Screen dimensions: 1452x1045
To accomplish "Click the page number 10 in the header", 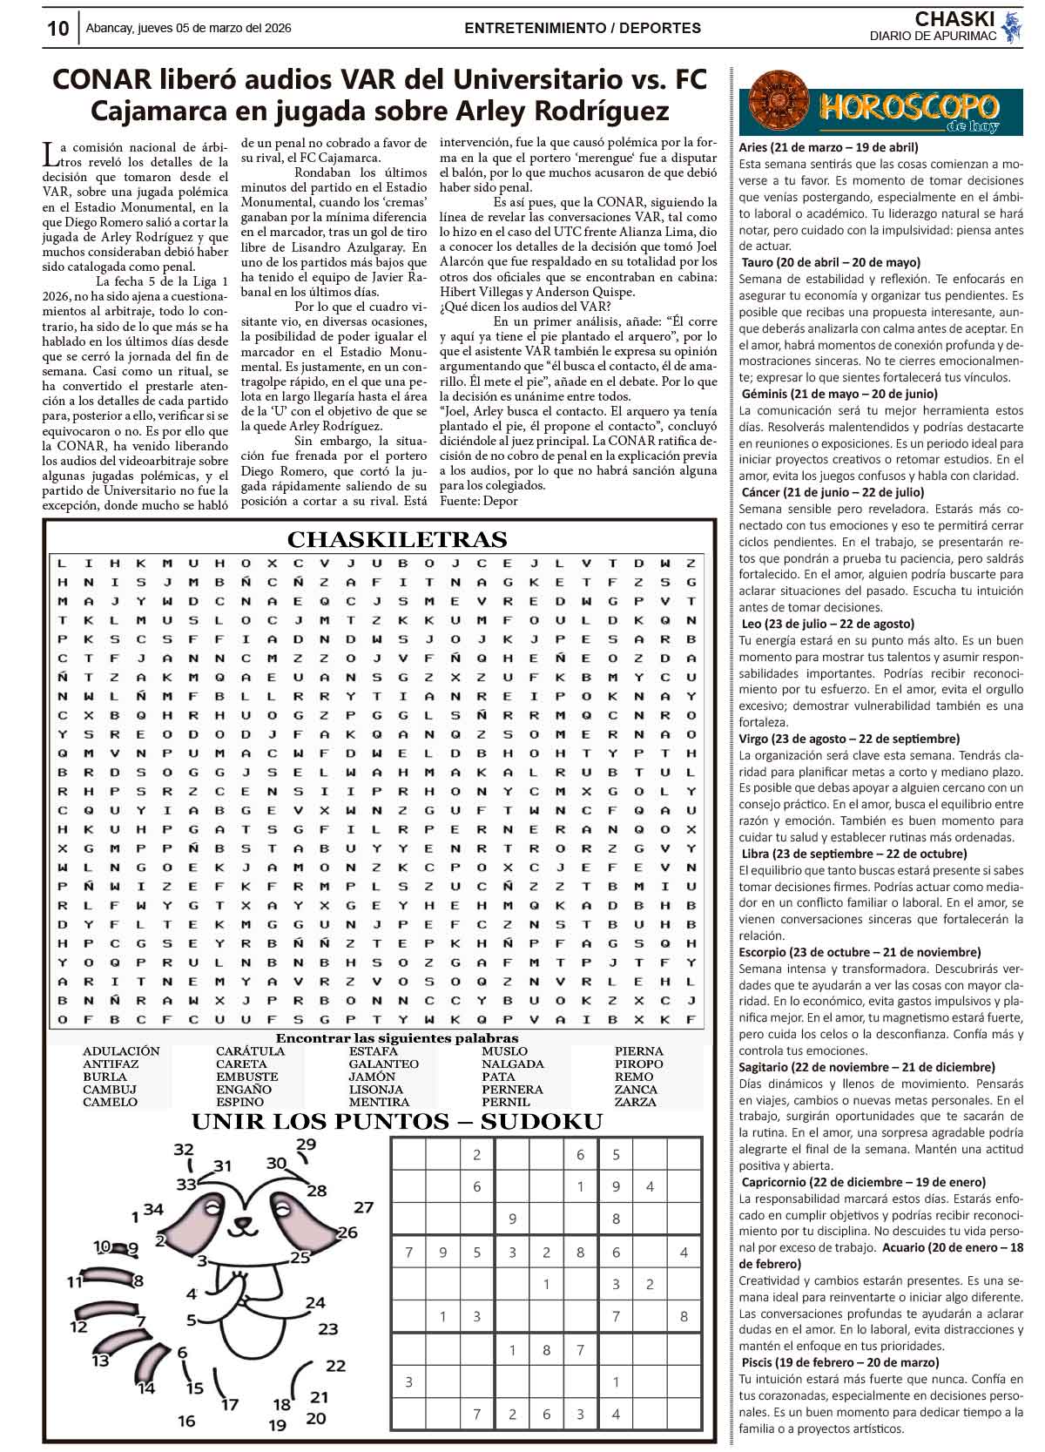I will [x=57, y=29].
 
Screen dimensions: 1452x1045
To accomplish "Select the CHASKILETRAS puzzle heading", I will [x=397, y=539].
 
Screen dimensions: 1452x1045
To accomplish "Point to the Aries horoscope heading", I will [x=827, y=147].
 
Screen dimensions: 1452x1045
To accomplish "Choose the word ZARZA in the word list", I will [x=635, y=1102].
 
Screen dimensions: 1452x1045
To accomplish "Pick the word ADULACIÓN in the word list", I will [x=121, y=1051].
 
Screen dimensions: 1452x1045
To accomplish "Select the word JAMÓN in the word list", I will [x=372, y=1077].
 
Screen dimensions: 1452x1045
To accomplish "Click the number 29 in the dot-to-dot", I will [x=307, y=1144].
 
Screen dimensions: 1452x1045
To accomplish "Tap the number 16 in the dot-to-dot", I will [x=186, y=1421].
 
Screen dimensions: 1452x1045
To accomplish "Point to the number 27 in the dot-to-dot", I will [x=363, y=1207].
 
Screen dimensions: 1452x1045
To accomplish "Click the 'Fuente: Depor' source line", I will [x=479, y=501].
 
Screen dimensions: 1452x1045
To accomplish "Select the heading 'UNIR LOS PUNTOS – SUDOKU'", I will [x=396, y=1122].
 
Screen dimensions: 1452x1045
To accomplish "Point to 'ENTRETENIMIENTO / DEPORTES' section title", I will [x=583, y=28].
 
